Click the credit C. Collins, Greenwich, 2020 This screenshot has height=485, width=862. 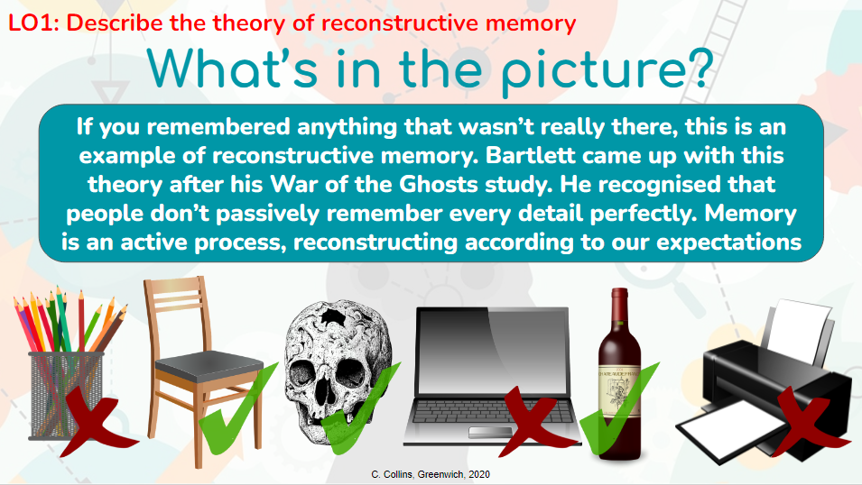(431, 473)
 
